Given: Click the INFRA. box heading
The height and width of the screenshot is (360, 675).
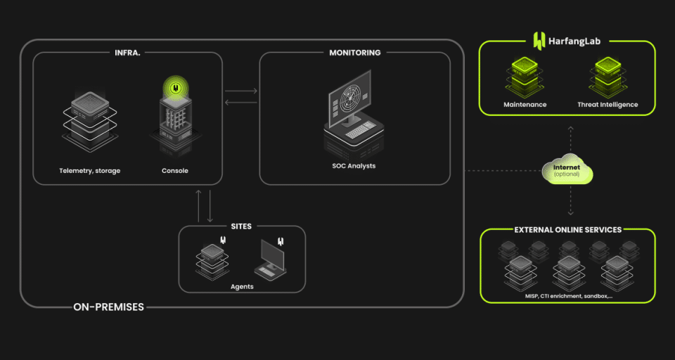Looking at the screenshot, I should coord(127,52).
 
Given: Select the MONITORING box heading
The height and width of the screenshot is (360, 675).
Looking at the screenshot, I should coord(354,52).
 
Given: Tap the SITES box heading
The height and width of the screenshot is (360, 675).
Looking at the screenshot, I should coord(241,226).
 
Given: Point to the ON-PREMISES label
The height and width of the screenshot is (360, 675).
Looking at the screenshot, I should coord(108,307).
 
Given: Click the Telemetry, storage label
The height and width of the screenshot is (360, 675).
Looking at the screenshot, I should coord(89,171).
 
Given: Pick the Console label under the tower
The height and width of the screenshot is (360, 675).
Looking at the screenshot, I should coord(175,171).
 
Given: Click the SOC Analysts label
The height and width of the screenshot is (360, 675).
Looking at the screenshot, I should coord(354,166).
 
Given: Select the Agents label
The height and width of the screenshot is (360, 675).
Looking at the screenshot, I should coord(242,286).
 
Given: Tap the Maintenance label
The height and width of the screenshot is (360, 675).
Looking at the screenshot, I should coord(525,105).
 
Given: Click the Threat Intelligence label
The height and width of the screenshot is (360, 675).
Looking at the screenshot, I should coord(607,105).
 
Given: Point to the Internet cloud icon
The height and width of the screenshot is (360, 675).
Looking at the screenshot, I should coord(567,170).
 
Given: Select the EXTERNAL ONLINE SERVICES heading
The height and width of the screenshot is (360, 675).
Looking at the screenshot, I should coord(567,229).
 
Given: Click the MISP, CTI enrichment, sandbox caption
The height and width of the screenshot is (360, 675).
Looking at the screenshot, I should coord(568,296).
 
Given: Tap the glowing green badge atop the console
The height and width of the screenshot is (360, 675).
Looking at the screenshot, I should coord(175,89).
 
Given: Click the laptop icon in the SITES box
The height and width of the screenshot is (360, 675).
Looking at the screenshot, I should coord(270,259).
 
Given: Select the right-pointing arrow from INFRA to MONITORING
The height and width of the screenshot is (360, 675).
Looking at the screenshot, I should coord(241,91).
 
